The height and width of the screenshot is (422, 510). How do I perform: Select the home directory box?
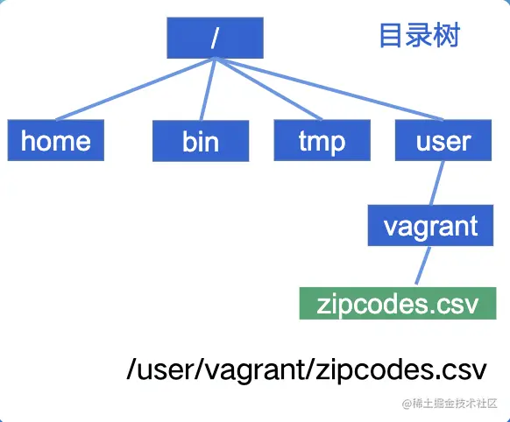[55, 140]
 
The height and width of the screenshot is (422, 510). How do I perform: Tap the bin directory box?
[201, 142]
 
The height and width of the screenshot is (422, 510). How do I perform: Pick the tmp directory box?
[322, 141]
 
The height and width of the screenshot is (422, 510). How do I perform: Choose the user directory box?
[443, 140]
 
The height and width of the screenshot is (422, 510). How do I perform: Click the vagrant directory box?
[430, 226]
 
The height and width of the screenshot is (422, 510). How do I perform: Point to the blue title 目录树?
[419, 36]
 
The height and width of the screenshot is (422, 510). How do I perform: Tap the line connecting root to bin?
[208, 89]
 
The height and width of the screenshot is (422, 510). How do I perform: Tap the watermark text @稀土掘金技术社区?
[448, 403]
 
